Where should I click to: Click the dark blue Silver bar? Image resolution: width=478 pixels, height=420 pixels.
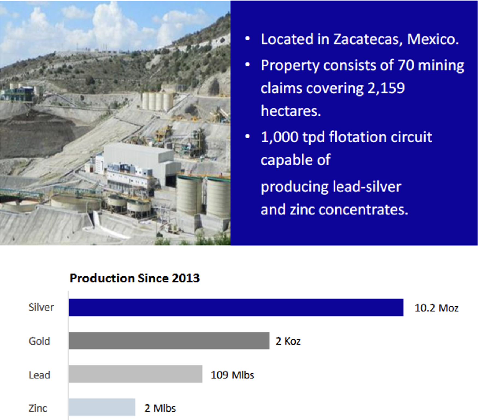(x=236, y=307)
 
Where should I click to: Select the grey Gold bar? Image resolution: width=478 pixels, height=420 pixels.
(x=169, y=341)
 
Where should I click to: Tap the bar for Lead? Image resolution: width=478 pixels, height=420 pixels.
(x=135, y=374)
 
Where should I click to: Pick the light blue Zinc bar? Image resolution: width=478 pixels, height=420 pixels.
(x=102, y=407)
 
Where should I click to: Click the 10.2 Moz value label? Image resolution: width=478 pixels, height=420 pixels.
(x=436, y=308)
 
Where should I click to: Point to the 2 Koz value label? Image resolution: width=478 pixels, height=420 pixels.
(x=288, y=341)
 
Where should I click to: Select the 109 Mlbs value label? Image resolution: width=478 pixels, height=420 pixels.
(x=232, y=375)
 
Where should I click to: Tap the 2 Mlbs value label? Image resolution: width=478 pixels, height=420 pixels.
(x=160, y=408)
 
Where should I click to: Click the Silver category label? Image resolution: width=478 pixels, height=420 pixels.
(x=41, y=307)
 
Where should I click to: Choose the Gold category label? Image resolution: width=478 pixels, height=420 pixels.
(x=39, y=341)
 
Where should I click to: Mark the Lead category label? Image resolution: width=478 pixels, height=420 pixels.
(x=40, y=375)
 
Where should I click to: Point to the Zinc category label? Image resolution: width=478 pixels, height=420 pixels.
(x=38, y=408)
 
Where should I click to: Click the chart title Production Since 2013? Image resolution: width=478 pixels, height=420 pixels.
(x=135, y=278)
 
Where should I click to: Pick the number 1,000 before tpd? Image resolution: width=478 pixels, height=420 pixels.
(x=279, y=137)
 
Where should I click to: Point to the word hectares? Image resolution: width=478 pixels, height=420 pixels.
(x=291, y=111)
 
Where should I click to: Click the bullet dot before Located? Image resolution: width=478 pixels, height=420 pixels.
(x=247, y=39)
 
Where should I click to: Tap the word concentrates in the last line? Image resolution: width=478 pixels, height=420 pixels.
(x=363, y=210)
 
